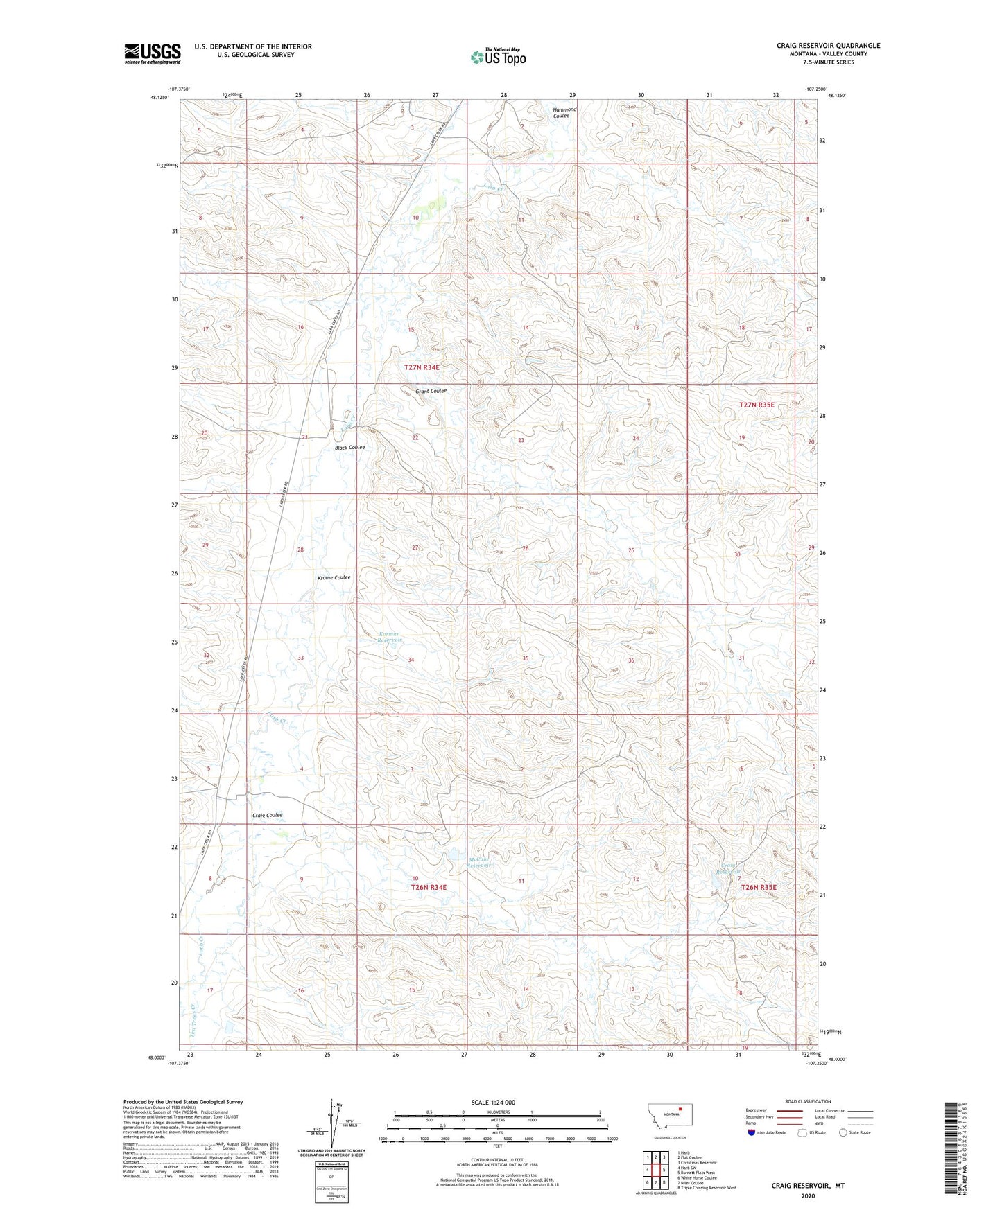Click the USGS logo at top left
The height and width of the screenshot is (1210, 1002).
point(153,53)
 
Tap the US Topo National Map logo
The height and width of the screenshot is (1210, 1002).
point(497,56)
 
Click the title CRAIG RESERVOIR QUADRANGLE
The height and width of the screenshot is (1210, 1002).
point(828,46)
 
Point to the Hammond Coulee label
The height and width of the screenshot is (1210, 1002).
point(564,113)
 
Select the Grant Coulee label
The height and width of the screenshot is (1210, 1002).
point(431,391)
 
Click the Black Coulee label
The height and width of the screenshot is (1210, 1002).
point(349,447)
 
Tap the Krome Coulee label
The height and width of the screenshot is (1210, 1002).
point(334,577)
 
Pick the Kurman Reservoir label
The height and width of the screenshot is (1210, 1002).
point(390,637)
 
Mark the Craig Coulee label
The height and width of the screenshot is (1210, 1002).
point(267,815)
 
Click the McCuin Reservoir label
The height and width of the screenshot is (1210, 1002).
point(478,863)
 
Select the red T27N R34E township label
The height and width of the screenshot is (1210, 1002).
point(422,367)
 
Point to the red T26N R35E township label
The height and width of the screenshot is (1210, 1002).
point(758,887)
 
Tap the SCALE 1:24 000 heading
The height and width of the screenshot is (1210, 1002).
point(493,1102)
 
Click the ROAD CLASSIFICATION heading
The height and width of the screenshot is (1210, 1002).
point(808,1101)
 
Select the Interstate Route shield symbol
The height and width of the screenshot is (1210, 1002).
point(752,1132)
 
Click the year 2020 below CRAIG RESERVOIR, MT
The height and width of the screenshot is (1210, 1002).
point(808,1195)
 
